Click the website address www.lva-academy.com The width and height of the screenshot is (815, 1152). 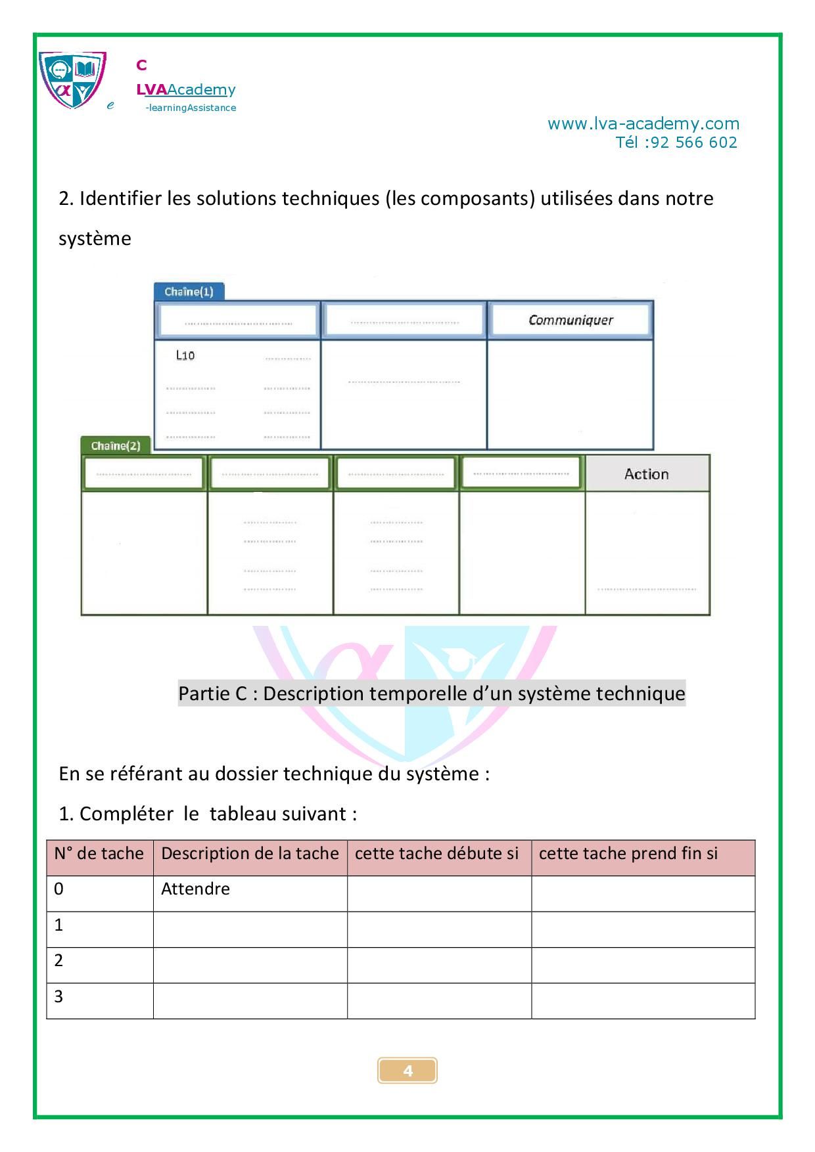click(643, 123)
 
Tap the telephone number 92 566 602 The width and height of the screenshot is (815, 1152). click(693, 143)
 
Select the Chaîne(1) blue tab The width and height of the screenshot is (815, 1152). click(189, 292)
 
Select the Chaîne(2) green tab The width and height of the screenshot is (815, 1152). click(116, 446)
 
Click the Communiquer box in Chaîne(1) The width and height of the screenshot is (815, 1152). click(570, 321)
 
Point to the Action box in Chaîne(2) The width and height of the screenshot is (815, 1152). click(647, 474)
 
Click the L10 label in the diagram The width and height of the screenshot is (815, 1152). click(185, 355)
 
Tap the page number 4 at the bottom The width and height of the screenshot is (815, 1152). click(407, 1071)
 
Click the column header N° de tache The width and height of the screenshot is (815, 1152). click(99, 853)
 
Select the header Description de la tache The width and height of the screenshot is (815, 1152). click(250, 853)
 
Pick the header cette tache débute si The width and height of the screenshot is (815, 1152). click(436, 853)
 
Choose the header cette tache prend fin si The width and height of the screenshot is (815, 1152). click(628, 853)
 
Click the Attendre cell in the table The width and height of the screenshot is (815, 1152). click(195, 889)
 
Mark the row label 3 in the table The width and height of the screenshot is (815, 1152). click(59, 996)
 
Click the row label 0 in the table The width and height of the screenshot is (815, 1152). click(59, 889)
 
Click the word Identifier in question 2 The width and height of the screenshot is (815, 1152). click(120, 198)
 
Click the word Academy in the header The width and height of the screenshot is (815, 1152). click(201, 90)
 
